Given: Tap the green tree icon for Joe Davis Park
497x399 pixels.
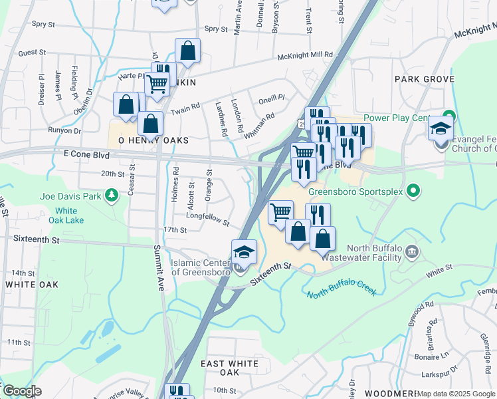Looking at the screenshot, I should tap(112, 194).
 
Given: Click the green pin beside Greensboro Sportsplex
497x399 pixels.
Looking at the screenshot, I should tap(413, 192).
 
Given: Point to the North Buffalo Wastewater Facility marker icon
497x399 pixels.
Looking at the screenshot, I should tap(412, 251).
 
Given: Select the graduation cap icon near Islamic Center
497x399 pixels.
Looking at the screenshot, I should tap(244, 252).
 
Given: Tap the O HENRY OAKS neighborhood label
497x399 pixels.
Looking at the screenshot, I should tap(153, 141).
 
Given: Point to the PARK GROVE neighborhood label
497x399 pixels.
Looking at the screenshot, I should tap(424, 79).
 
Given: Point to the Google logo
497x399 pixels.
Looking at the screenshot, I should tap(22, 391).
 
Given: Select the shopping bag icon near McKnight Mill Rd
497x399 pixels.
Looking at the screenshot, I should tap(188, 51).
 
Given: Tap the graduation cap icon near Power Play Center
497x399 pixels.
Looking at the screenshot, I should tap(441, 128).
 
